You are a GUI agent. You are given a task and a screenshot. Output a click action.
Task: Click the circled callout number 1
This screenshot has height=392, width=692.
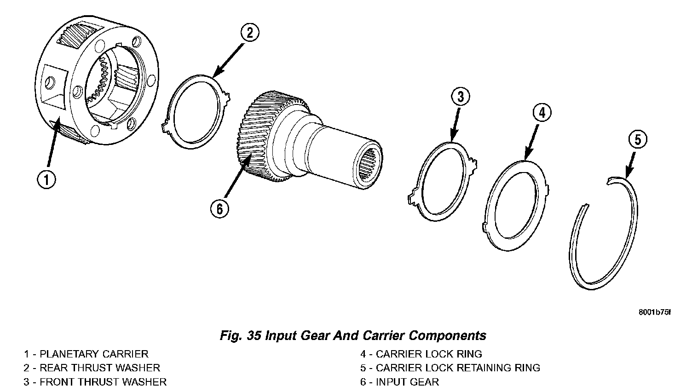47,180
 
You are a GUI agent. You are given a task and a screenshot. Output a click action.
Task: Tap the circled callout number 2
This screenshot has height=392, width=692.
249,33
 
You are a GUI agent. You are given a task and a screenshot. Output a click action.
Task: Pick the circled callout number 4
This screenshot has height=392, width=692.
542,113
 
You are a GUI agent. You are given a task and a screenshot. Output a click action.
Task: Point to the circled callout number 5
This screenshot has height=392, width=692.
638,140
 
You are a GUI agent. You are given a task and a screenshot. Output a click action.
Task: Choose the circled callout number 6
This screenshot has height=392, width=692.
219,209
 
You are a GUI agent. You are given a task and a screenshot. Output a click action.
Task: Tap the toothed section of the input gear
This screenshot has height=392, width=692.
258,138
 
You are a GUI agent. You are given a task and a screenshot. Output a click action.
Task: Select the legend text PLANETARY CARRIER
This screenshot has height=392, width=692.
94,354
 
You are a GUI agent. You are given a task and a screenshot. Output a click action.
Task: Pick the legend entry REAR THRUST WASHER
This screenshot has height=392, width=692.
100,368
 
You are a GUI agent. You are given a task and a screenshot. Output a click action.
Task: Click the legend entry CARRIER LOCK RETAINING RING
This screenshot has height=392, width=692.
458,368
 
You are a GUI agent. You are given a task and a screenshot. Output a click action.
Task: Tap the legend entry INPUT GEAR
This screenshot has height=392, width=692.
407,382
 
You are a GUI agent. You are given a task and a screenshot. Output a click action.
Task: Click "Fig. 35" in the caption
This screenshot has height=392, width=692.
239,335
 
